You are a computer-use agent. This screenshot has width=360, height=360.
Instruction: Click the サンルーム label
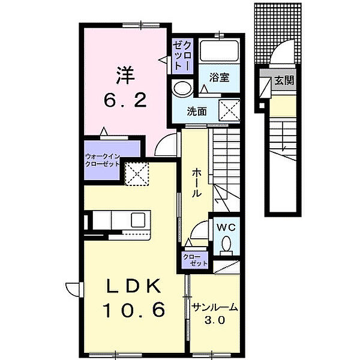pyautogui.click(x=215, y=308)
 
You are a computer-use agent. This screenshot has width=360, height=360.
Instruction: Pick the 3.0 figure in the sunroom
pyautogui.click(x=215, y=320)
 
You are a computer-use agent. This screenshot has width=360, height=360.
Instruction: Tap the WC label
pyautogui.click(x=226, y=227)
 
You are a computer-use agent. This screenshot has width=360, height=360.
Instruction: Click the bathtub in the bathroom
pyautogui.click(x=219, y=49)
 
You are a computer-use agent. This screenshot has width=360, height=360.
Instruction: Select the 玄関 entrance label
pyautogui.click(x=284, y=80)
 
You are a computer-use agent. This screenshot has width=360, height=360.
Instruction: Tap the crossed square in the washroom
pyautogui.click(x=229, y=111)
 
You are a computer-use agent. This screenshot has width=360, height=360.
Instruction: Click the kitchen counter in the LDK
pyautogui.click(x=120, y=220)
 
